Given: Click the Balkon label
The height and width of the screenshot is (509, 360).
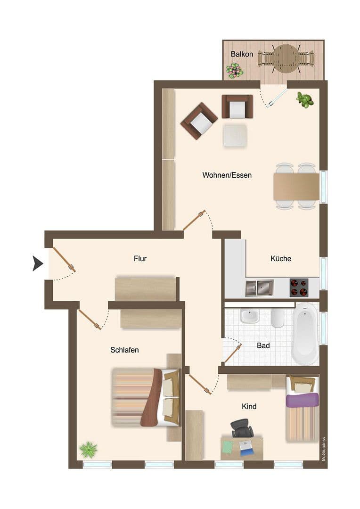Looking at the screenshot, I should click(242, 54).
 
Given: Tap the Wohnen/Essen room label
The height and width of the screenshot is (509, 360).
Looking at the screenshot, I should click(227, 175).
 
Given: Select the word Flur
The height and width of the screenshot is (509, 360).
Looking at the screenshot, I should click(140, 258).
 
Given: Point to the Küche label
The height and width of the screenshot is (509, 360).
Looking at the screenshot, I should click(280, 258).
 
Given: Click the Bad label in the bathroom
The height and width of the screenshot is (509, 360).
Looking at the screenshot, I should click(263, 345).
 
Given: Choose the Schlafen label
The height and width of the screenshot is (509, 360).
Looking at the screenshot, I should click(124, 350).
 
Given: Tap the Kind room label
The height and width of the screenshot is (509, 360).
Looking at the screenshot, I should click(249, 406).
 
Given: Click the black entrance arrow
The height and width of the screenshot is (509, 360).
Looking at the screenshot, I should click(37, 263).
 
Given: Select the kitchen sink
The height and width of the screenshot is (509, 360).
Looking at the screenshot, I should click(259, 287).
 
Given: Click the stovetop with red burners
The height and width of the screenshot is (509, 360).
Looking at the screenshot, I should click(299, 287).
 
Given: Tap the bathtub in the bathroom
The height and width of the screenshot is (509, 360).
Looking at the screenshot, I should click(305, 334).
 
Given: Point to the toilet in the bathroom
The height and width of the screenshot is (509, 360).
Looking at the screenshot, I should click(278, 319).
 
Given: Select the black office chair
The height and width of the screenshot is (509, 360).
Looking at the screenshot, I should click(242, 428).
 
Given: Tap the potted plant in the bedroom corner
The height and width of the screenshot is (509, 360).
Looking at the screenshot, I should click(88, 450).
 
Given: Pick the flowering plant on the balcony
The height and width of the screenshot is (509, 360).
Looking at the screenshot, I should click(235, 71).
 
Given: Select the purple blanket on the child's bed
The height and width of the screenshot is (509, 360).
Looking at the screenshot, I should click(302, 400).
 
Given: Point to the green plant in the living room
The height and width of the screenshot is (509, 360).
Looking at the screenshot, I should click(305, 100).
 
